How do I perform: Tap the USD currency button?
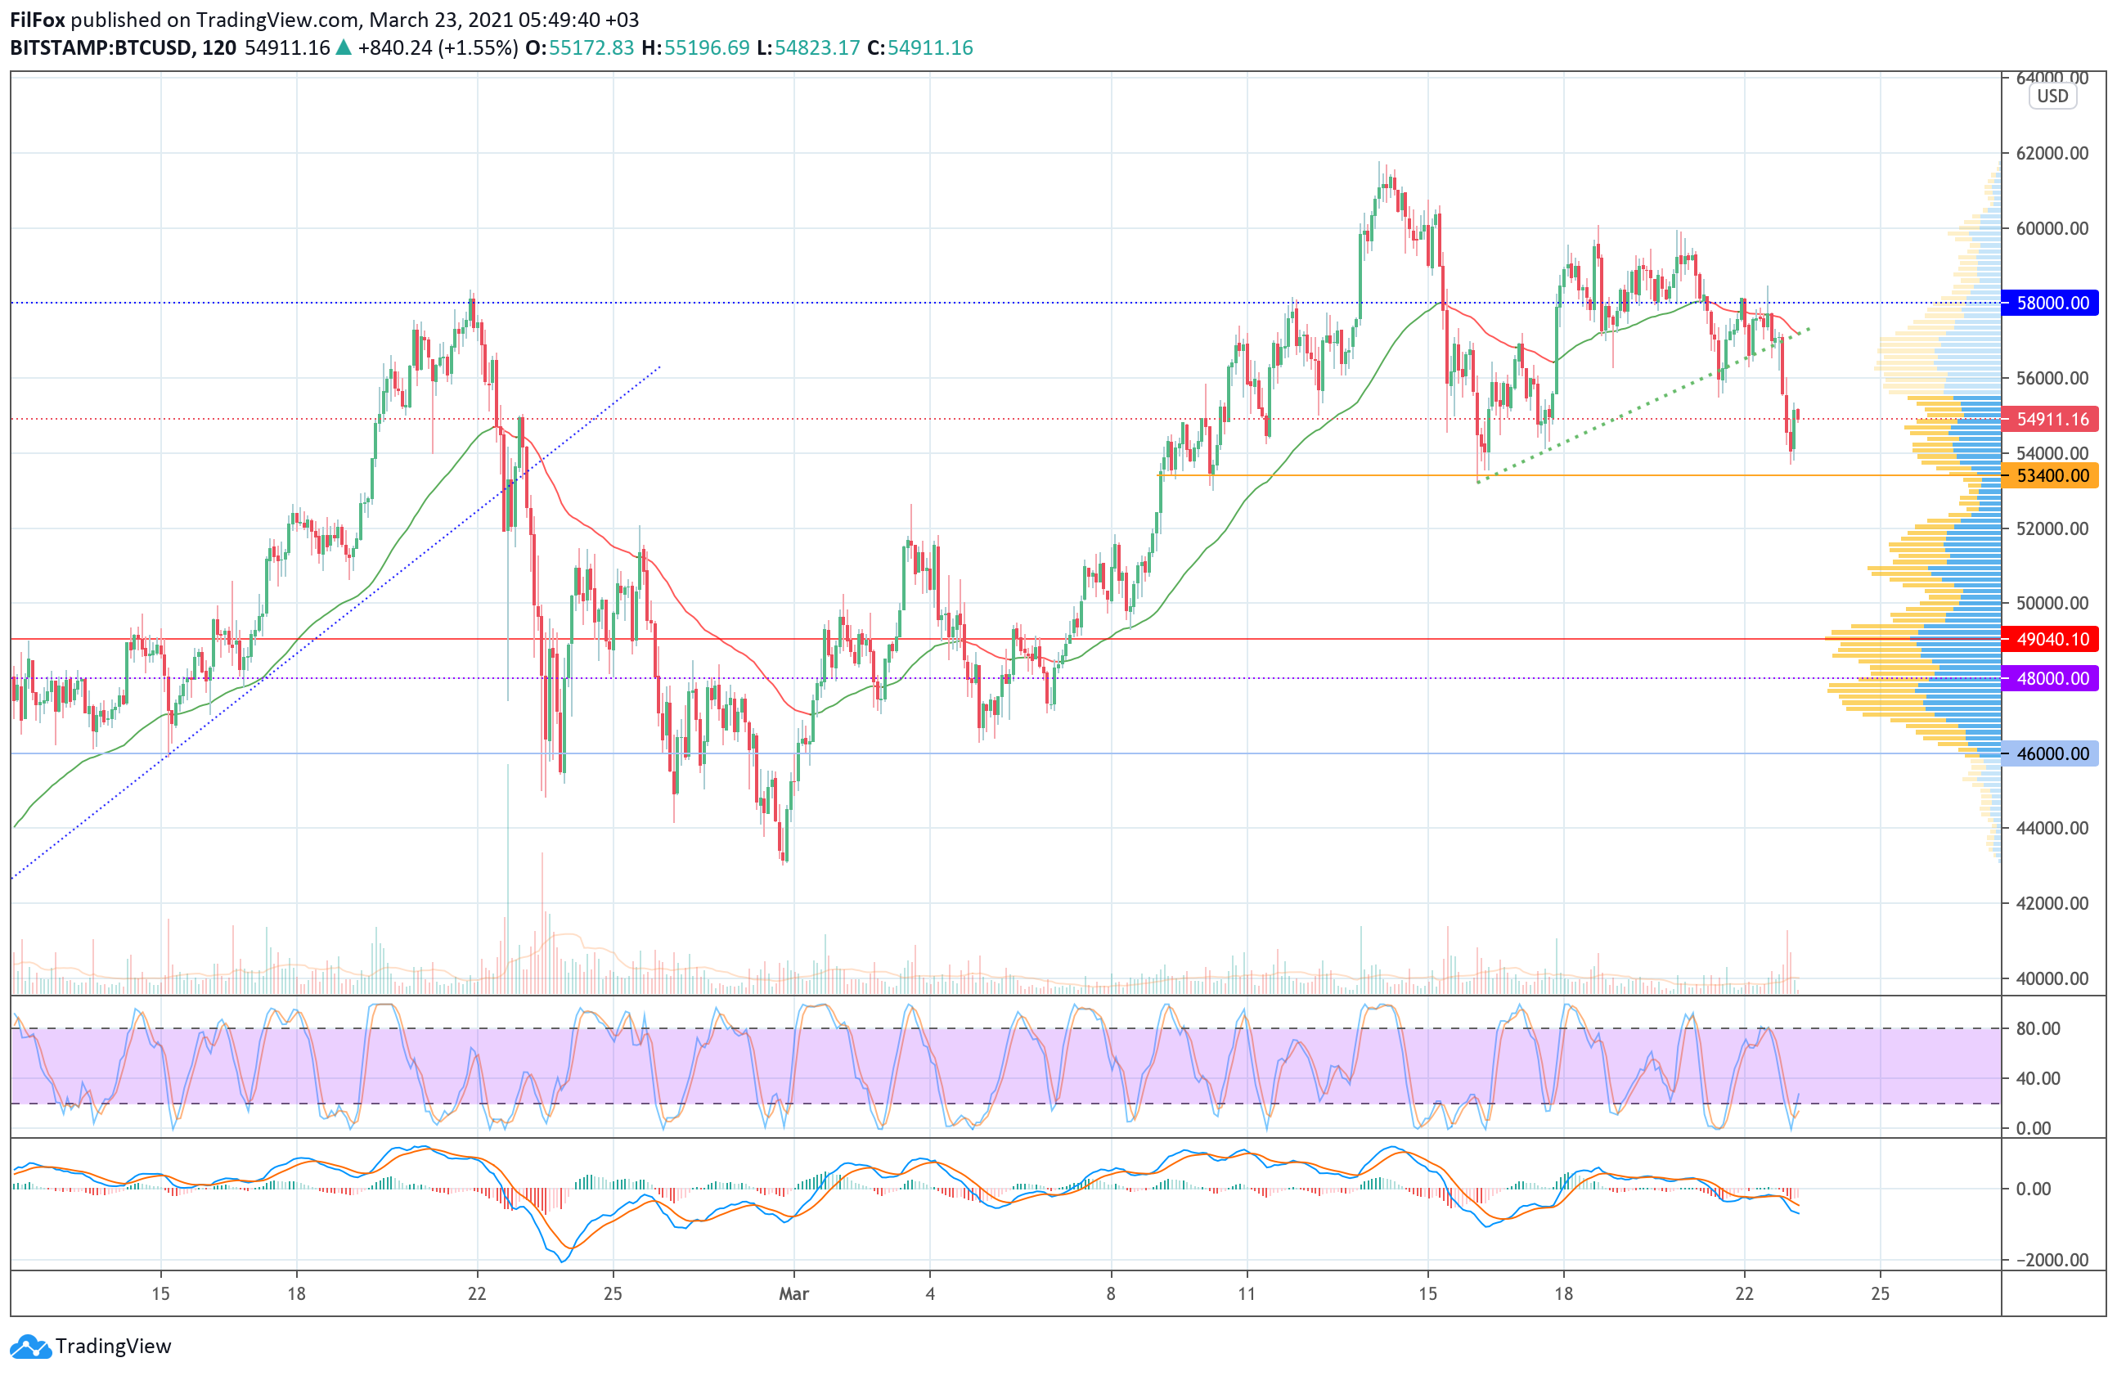(2052, 96)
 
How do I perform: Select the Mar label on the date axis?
(793, 1293)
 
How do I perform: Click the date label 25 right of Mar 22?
(1880, 1293)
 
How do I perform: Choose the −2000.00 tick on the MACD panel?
(2043, 1260)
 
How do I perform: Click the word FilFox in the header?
(38, 20)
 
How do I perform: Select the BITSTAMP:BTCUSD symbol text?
(101, 48)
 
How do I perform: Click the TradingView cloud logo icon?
(31, 1346)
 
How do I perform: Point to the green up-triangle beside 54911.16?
(344, 48)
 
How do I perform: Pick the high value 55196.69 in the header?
(706, 48)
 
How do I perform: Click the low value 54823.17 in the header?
(816, 48)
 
